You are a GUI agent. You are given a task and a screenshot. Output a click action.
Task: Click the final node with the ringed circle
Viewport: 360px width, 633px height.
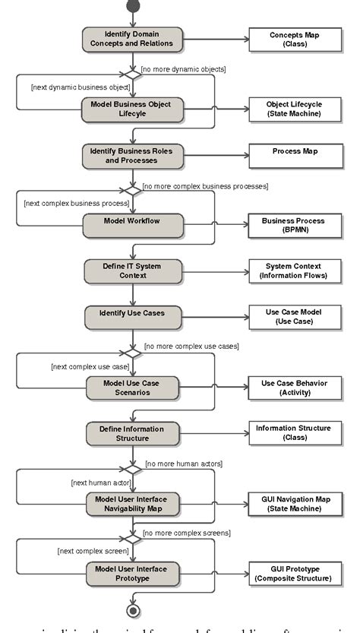click(x=133, y=610)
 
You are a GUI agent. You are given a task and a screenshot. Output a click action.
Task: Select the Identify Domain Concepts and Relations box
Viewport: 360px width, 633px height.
click(x=133, y=40)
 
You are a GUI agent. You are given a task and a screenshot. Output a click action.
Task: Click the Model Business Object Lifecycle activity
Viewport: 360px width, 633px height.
click(x=133, y=109)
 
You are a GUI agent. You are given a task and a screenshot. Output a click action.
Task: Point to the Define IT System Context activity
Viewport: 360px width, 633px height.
click(x=133, y=271)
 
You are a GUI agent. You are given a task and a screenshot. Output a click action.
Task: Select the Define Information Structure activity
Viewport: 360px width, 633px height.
click(x=133, y=432)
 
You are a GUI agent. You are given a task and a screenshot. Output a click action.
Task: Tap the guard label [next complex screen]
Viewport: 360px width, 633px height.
click(x=84, y=551)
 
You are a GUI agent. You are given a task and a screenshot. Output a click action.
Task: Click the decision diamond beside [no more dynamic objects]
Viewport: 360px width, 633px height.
click(x=133, y=74)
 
